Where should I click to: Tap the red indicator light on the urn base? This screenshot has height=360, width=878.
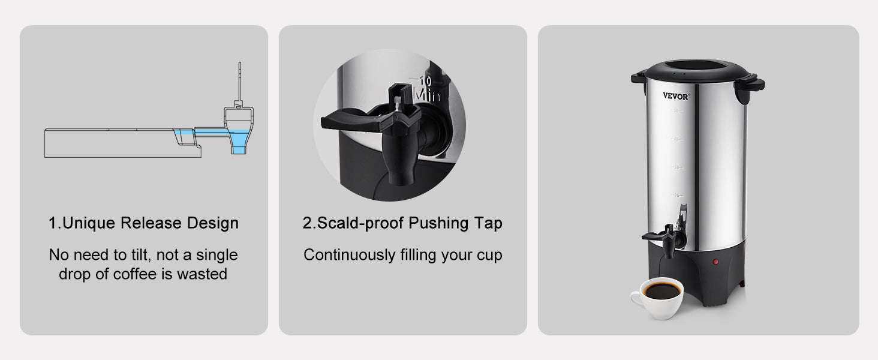715,262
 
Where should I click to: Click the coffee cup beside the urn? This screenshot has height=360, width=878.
657,298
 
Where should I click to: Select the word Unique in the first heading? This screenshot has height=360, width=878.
88,223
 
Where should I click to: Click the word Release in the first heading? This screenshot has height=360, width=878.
151,223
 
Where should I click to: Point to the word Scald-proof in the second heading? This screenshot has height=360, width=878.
360,223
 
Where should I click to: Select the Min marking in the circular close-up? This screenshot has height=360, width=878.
427,95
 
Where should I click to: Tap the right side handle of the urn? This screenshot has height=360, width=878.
750,88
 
